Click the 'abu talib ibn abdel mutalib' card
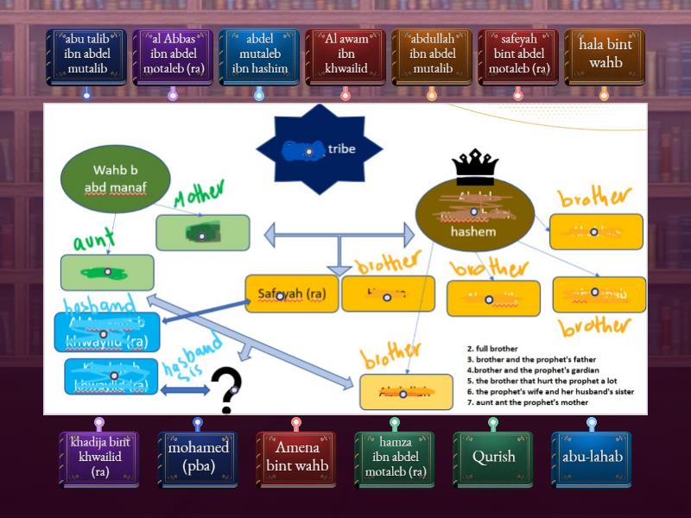[86, 57]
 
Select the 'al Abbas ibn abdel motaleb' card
[173, 57]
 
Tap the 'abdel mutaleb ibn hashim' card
[259, 57]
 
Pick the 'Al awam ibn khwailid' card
[345, 57]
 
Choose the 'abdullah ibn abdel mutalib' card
[432, 57]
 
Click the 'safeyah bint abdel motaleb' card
[518, 57]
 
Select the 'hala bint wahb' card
[605, 57]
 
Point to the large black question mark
[226, 390]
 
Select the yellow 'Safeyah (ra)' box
[291, 294]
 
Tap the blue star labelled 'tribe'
[319, 148]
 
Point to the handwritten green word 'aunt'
[96, 239]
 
